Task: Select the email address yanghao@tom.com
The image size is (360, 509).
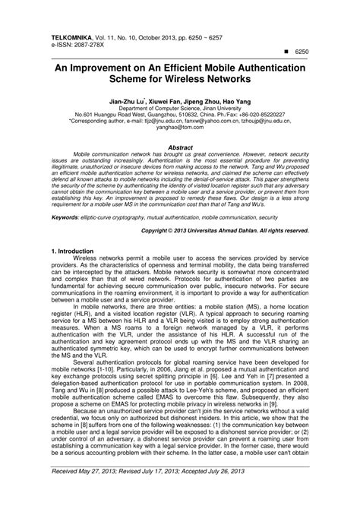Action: tap(179, 128)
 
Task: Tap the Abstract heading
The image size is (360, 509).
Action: tap(179, 145)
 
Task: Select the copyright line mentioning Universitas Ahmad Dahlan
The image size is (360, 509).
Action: tap(226, 229)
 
